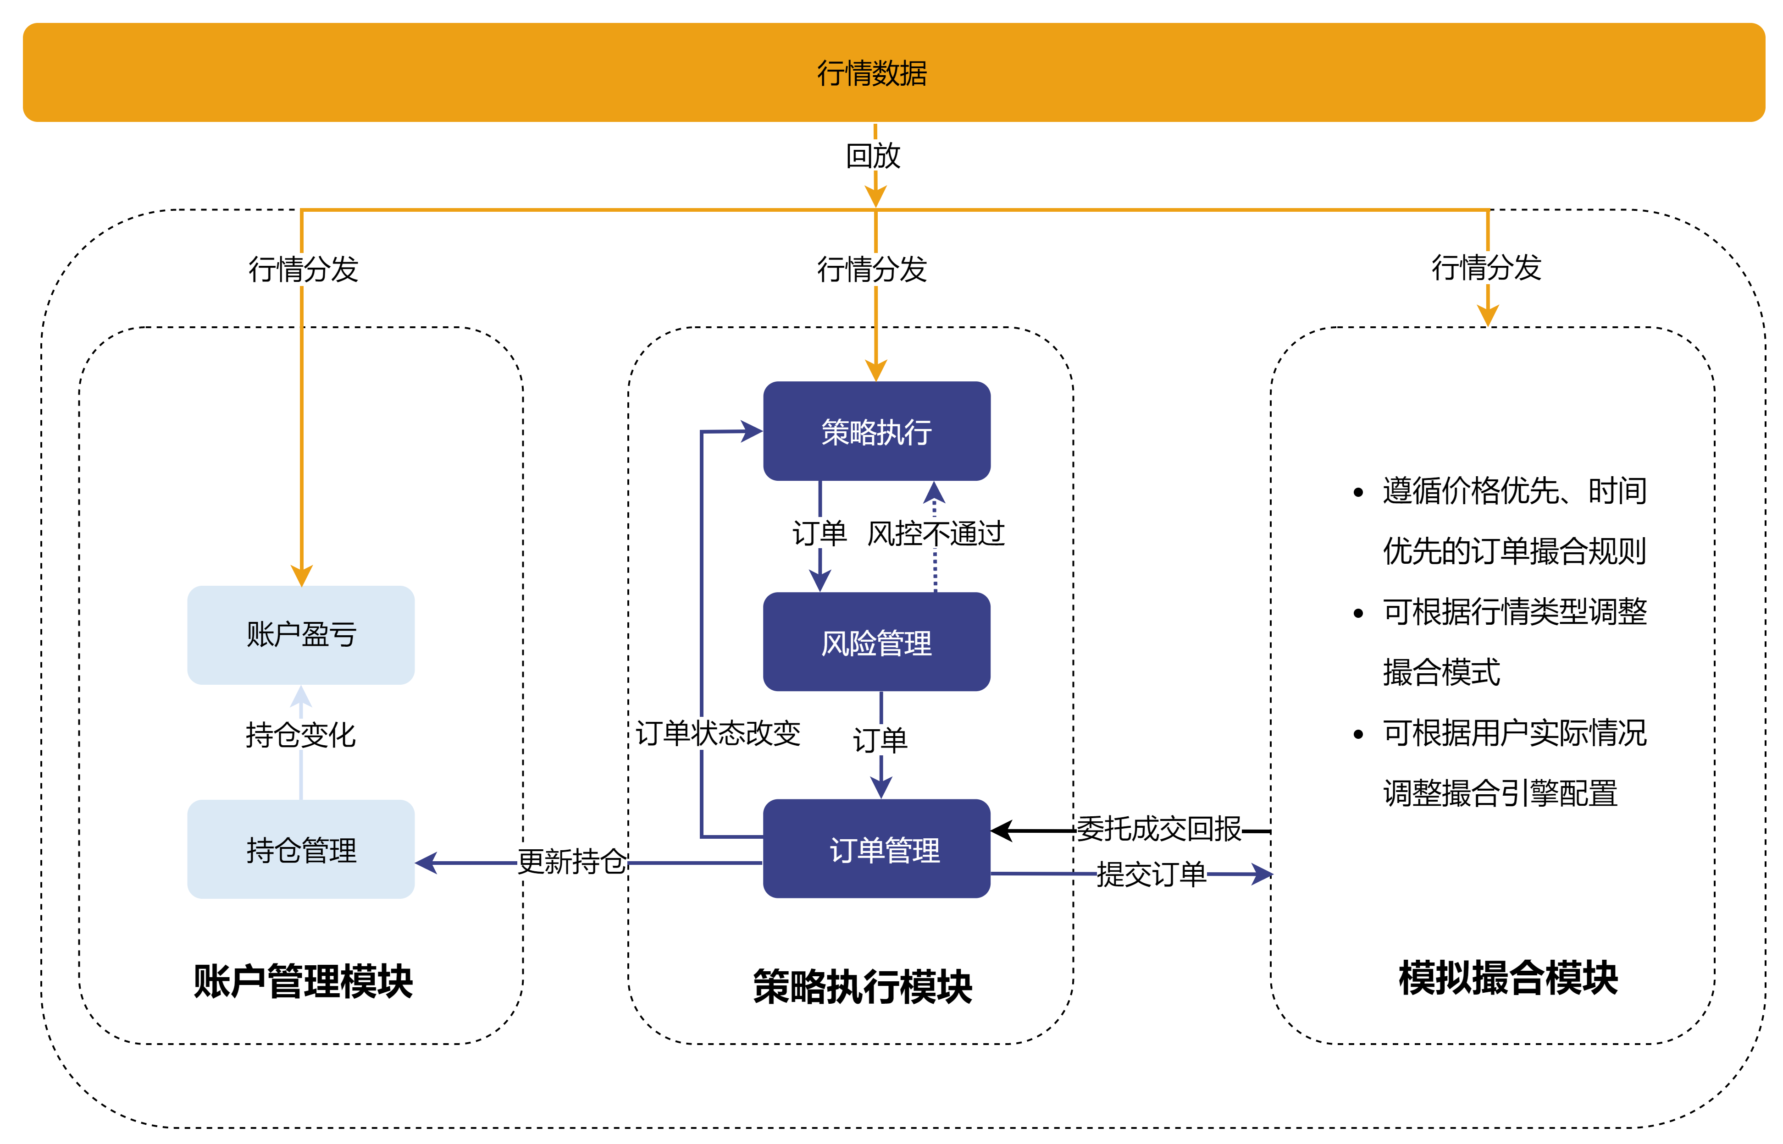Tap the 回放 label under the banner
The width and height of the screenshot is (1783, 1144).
[873, 156]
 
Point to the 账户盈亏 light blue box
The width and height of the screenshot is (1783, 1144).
[300, 634]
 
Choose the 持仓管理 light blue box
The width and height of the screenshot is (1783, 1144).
[300, 849]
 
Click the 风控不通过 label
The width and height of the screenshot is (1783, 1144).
[935, 533]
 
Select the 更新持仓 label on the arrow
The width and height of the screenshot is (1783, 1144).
[571, 862]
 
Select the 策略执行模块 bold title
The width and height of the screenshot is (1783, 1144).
[862, 986]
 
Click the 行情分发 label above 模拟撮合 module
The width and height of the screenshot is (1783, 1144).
[1486, 267]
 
